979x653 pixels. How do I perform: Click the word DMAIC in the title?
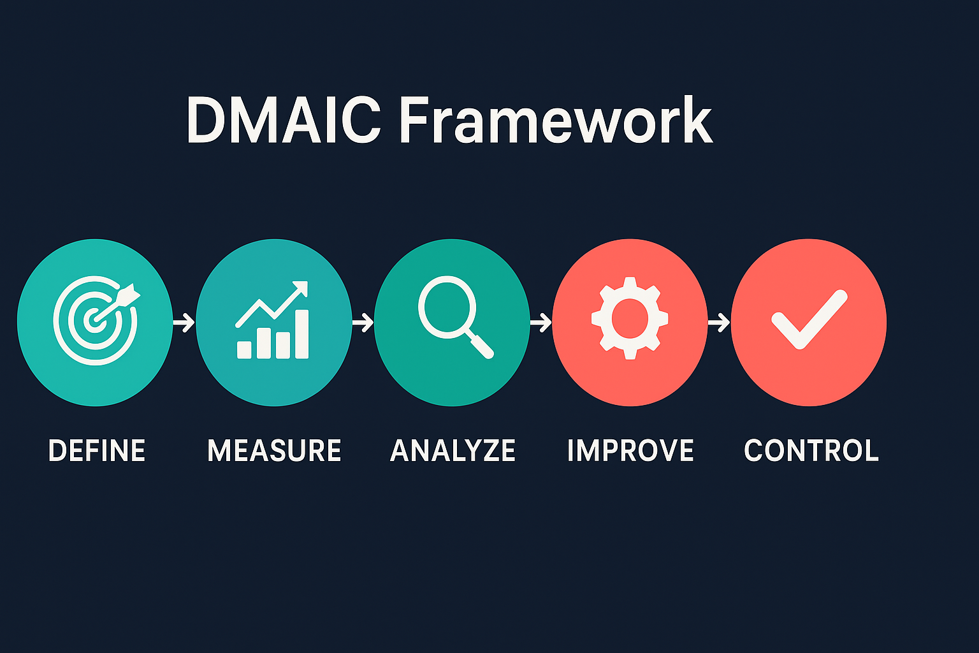(x=283, y=121)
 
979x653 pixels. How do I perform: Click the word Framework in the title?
(x=555, y=121)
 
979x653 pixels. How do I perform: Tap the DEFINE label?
(x=97, y=451)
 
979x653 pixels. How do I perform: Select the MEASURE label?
(x=274, y=451)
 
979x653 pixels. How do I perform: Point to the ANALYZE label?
(x=453, y=451)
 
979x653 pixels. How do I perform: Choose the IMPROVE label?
(x=630, y=451)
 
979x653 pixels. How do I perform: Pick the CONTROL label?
(x=811, y=451)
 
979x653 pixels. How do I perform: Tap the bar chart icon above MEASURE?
(x=273, y=321)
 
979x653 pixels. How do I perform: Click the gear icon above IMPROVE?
(x=630, y=318)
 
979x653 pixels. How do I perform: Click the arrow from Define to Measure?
(x=184, y=323)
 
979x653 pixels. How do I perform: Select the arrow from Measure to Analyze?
(x=363, y=323)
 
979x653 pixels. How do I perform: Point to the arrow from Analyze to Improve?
(x=540, y=323)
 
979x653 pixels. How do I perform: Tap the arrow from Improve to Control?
(x=719, y=323)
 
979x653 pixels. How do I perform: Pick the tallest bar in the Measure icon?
(x=301, y=334)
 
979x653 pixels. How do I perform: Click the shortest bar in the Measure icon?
(x=244, y=349)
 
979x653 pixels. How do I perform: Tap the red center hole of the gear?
(x=630, y=318)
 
